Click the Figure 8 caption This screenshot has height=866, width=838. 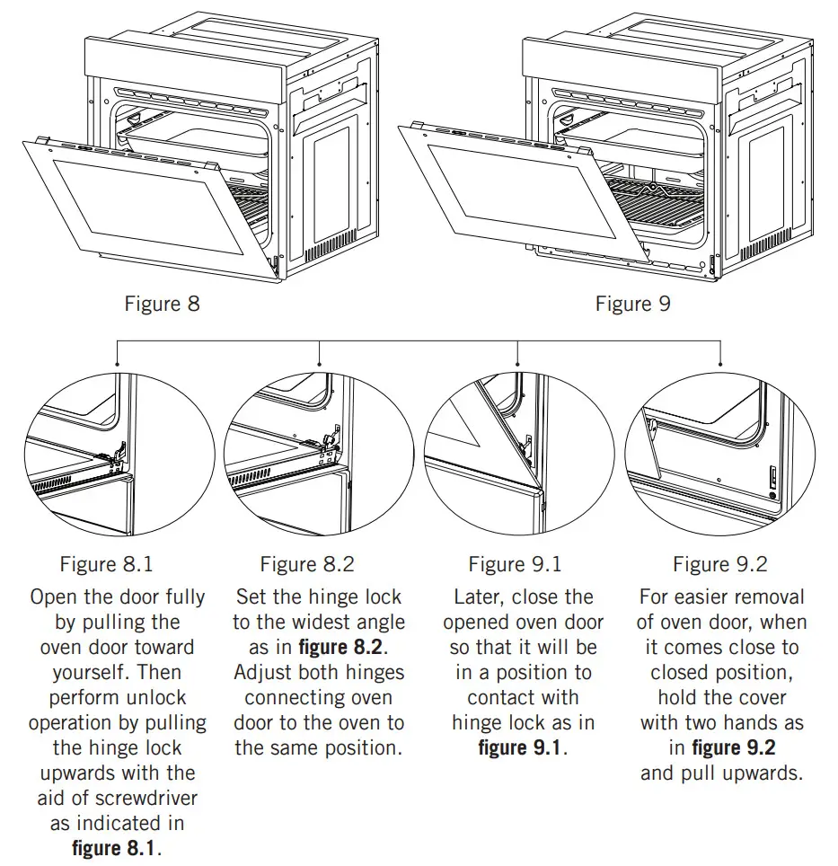click(162, 304)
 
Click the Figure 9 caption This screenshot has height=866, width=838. click(632, 304)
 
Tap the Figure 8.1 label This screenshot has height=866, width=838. click(106, 564)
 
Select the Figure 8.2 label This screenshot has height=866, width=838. click(307, 564)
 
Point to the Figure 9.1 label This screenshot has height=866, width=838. click(515, 564)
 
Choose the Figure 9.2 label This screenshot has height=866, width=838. click(720, 564)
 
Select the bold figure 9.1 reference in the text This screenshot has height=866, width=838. click(520, 747)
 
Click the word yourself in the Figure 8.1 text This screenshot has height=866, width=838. click(117, 672)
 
